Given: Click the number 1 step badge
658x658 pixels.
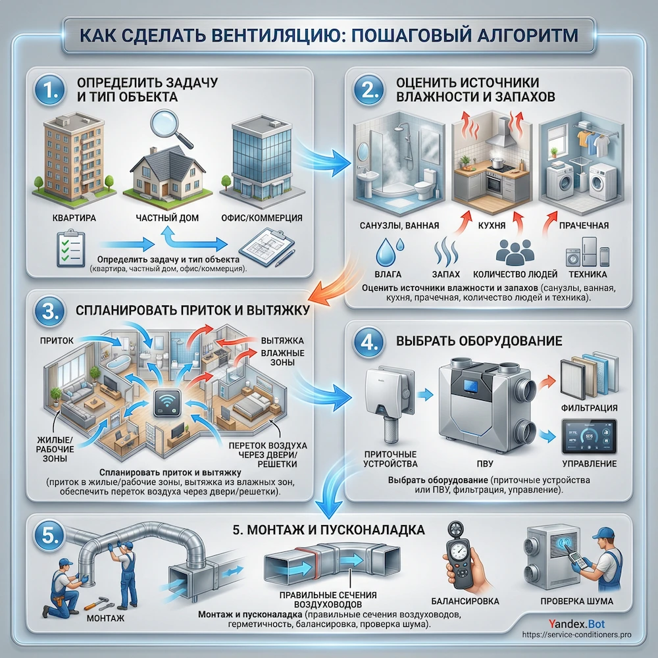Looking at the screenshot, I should click(x=50, y=91).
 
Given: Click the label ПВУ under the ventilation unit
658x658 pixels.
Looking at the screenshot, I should click(x=485, y=463).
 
